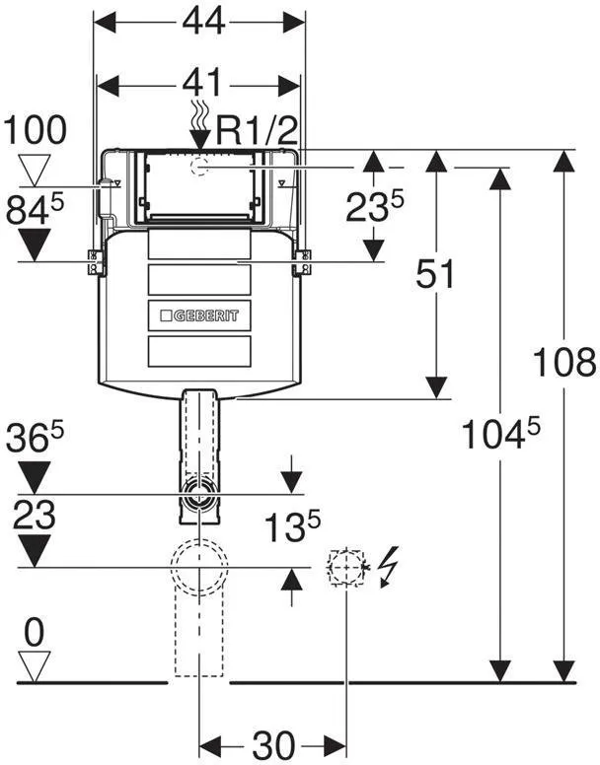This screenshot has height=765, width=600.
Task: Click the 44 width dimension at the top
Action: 203,22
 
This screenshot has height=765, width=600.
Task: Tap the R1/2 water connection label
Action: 257,130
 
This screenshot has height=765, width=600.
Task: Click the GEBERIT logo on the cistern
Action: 199,315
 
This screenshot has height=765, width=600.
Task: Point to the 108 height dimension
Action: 564,362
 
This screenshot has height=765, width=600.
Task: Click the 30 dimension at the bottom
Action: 273,745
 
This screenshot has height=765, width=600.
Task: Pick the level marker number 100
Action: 35,130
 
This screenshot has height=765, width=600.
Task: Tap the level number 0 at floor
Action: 34,633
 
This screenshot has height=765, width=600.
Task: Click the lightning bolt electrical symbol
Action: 390,566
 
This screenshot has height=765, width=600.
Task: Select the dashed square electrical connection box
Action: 346,568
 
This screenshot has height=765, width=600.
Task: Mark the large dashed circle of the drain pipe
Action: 199,568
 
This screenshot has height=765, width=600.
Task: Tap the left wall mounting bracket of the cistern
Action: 96,262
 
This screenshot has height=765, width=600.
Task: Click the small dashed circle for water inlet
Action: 199,168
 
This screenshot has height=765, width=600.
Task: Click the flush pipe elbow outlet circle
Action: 198,494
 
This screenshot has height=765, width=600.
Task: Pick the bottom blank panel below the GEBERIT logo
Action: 199,351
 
